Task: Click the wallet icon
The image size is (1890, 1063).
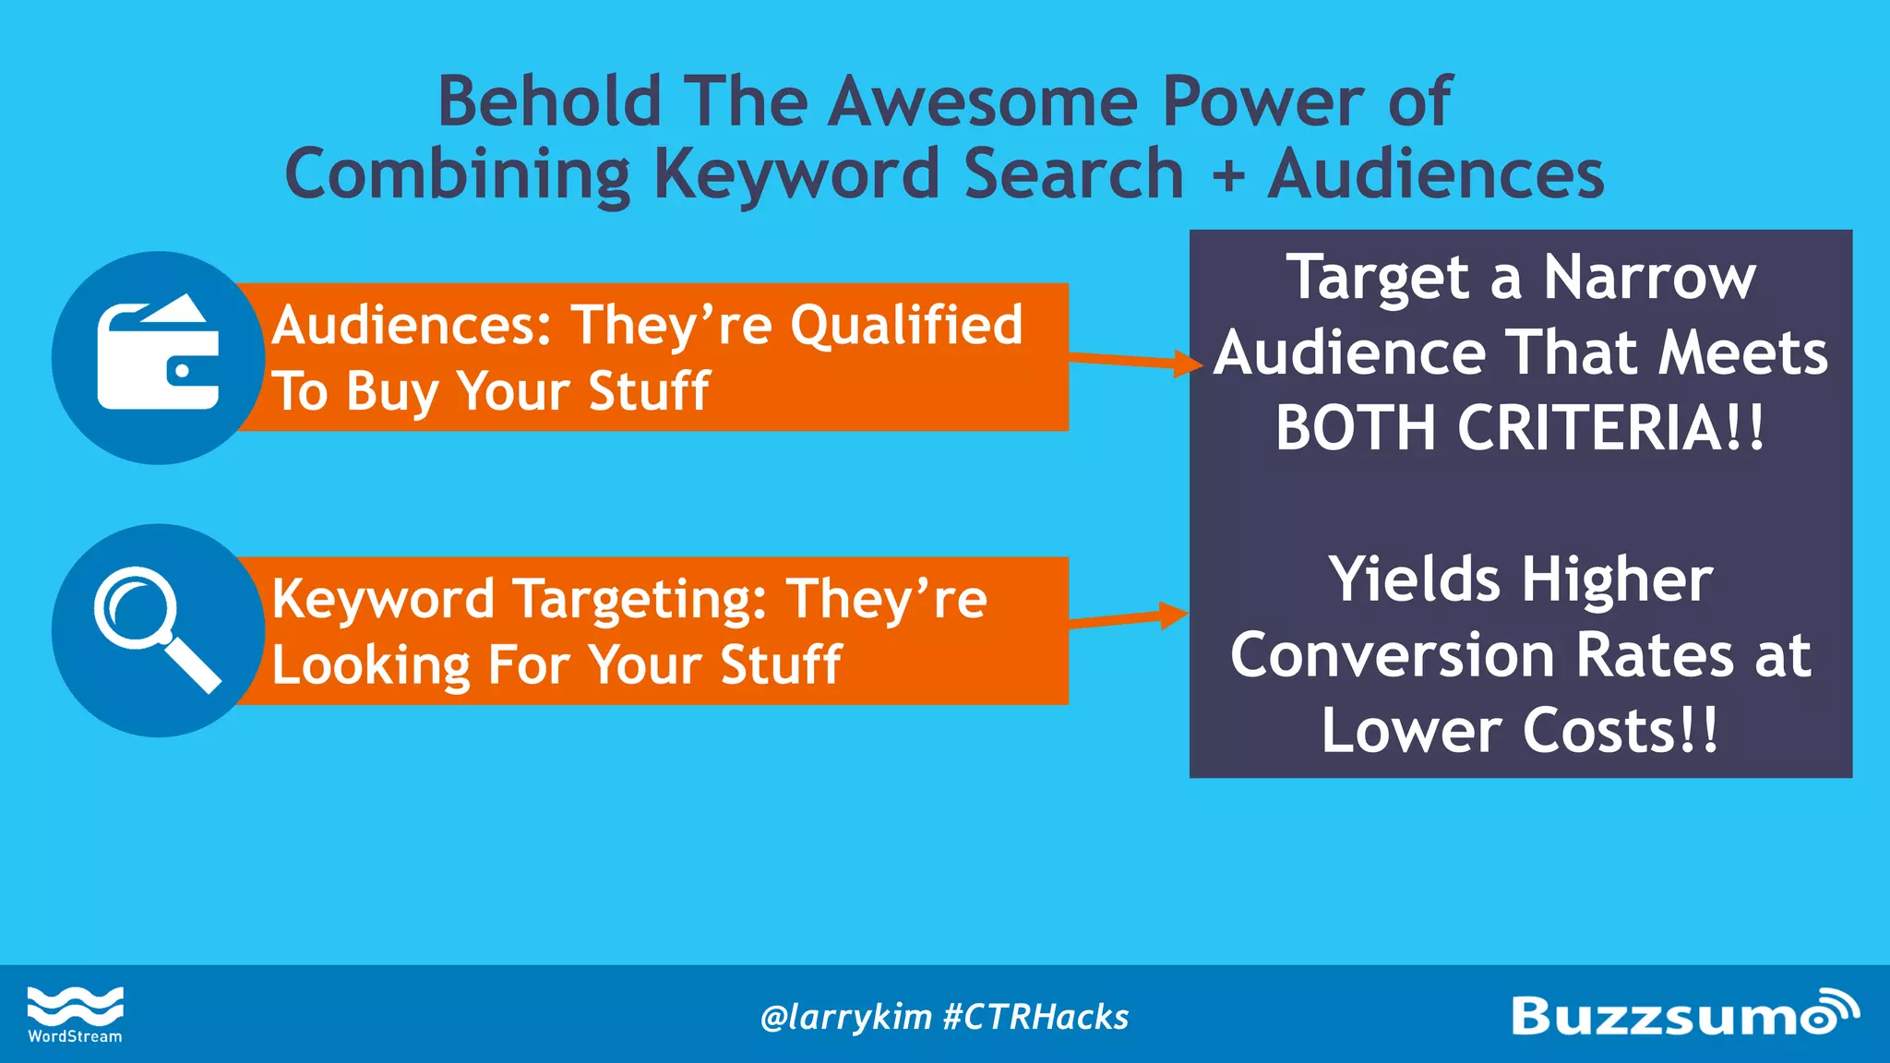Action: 158,356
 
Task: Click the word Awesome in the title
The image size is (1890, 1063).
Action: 982,102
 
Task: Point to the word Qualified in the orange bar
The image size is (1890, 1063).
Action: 906,326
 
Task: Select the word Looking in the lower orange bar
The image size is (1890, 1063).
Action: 371,665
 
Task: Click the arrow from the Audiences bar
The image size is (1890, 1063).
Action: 1135,361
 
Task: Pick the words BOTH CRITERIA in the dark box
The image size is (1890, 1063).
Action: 1519,429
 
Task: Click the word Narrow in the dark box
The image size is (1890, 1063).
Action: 1649,278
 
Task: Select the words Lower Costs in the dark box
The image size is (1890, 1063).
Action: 1519,732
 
